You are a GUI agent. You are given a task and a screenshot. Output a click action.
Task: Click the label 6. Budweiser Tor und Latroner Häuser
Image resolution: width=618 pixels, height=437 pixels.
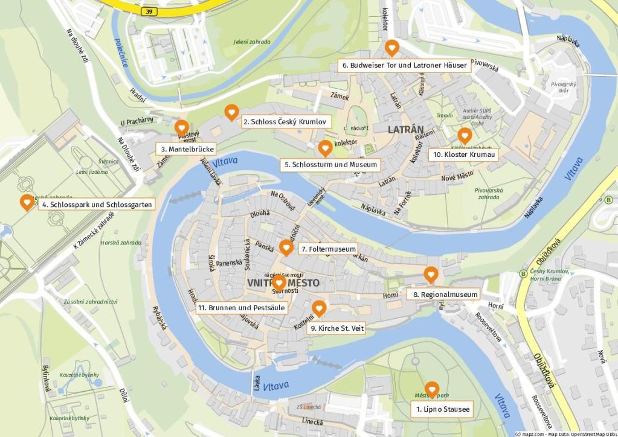pos(404,65)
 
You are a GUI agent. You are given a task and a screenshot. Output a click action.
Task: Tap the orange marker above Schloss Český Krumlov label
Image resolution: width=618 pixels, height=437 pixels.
pos(231,112)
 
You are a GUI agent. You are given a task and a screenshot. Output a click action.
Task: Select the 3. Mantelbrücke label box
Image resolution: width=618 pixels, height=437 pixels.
pos(187,149)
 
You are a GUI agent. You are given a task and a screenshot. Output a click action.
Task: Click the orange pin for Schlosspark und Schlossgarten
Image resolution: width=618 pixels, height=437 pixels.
pos(27,202)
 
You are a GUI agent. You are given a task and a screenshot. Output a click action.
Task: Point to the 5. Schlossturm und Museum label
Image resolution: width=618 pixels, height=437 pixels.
pos(331,164)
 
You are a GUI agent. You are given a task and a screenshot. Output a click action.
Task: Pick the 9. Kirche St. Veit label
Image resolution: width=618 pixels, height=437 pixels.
pos(336,328)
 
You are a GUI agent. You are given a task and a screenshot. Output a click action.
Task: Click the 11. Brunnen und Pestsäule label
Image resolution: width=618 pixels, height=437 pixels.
pos(241,308)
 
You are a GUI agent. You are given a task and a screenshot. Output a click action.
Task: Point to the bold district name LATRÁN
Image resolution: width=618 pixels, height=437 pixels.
pos(406,130)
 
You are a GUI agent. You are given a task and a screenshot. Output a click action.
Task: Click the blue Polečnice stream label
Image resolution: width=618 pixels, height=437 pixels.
pos(121,52)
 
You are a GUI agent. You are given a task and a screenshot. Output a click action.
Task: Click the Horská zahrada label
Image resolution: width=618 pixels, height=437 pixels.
pos(121,243)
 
